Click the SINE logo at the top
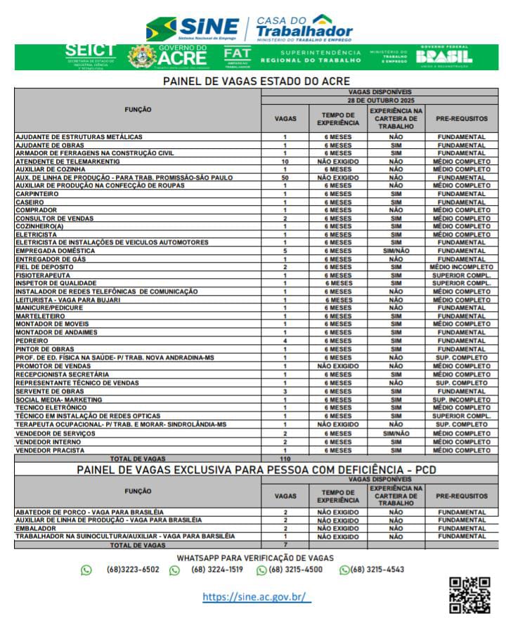193,28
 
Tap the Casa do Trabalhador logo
304,28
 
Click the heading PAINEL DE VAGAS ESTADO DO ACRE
257,81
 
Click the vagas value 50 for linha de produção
285,178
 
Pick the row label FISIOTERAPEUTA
43,275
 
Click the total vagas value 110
285,459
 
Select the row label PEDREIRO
32,341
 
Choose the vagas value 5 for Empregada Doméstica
285,251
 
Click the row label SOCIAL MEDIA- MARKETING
58,400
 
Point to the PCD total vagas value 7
285,545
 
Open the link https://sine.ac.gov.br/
257,597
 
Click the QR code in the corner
469,596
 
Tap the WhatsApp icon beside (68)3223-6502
86,570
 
